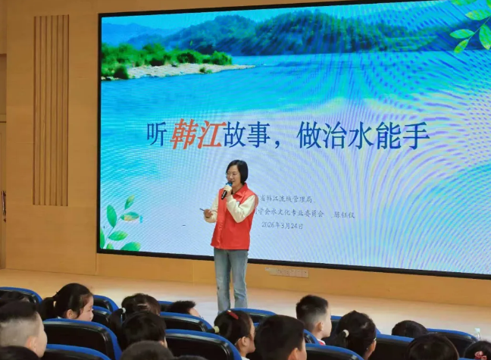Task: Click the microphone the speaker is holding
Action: (x=227, y=189)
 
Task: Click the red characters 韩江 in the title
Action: (x=196, y=135)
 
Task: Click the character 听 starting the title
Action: (x=157, y=136)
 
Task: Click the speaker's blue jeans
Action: (x=230, y=277)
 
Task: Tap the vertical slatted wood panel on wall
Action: (x=51, y=110)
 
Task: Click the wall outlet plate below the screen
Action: (x=287, y=271)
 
